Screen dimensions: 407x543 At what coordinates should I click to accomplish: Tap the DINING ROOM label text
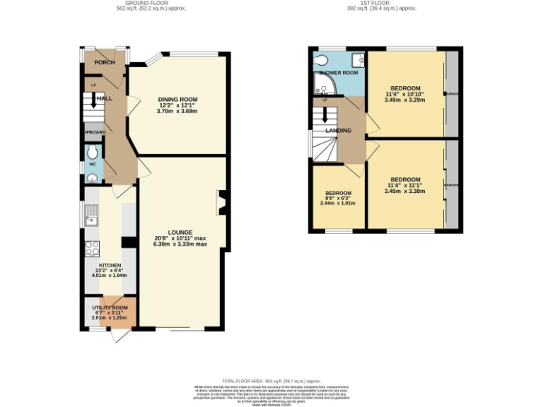pos(177,100)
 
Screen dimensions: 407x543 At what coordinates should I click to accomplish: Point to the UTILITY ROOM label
pos(110,307)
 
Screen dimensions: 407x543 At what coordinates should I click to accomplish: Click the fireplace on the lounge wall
pos(221,202)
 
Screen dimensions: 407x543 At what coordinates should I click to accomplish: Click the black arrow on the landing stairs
pos(325,114)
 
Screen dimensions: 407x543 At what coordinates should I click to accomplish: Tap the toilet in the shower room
pos(322,59)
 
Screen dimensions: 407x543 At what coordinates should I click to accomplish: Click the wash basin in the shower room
pos(358,59)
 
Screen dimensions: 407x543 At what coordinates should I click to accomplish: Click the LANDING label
pos(338,131)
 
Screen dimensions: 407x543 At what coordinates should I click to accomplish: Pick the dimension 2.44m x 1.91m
pos(338,203)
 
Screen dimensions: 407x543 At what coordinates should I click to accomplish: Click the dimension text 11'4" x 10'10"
pos(406,94)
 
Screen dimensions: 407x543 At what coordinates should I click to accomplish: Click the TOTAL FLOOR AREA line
pos(271,381)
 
